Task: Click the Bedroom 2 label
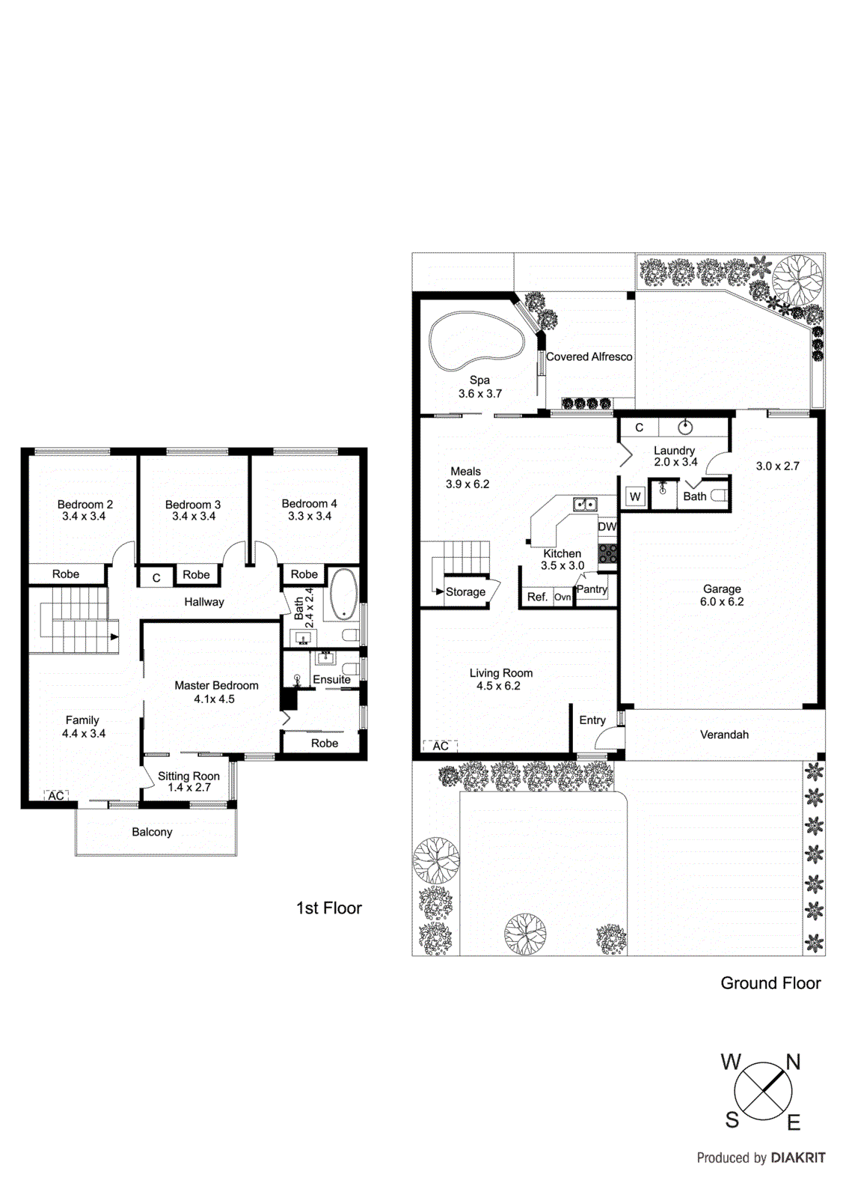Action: pyautogui.click(x=85, y=504)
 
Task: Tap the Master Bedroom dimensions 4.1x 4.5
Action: pyautogui.click(x=215, y=699)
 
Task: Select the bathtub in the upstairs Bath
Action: pyautogui.click(x=343, y=595)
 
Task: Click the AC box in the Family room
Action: pyautogui.click(x=56, y=796)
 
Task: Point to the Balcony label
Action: pyautogui.click(x=152, y=832)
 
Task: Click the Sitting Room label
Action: pyautogui.click(x=188, y=776)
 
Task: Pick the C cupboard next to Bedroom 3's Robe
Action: pyautogui.click(x=156, y=577)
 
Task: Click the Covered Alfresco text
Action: pyautogui.click(x=589, y=356)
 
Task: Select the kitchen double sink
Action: pyautogui.click(x=585, y=505)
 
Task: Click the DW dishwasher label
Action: pyautogui.click(x=607, y=526)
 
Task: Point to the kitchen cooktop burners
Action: pyautogui.click(x=607, y=553)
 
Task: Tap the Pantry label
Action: pyautogui.click(x=592, y=589)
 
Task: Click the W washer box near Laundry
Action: pyautogui.click(x=635, y=496)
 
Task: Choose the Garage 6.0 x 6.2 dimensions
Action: pyautogui.click(x=722, y=601)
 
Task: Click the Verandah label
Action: pyautogui.click(x=724, y=735)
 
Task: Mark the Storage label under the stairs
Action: pyautogui.click(x=465, y=592)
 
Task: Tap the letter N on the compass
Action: pyautogui.click(x=793, y=1062)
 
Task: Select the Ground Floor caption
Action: pyautogui.click(x=770, y=983)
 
